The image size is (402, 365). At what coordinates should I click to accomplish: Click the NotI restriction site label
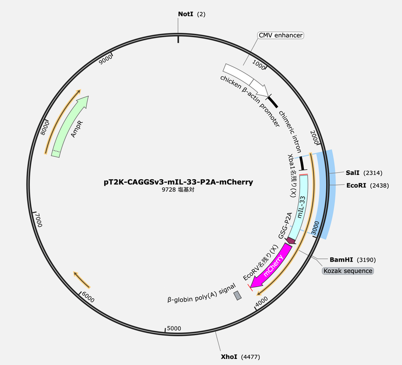(x=192, y=14)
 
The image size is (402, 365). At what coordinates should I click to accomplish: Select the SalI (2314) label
(x=364, y=173)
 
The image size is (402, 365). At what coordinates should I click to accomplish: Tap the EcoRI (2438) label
(x=367, y=185)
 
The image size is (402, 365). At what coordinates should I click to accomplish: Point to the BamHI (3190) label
(x=353, y=260)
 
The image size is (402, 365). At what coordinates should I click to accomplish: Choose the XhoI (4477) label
(x=240, y=356)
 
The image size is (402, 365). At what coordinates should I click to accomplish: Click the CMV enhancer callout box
(x=281, y=35)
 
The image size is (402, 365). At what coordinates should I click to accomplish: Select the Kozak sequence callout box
(x=347, y=271)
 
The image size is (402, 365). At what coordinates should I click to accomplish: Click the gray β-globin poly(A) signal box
(x=238, y=295)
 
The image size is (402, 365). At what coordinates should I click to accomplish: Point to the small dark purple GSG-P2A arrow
(x=291, y=240)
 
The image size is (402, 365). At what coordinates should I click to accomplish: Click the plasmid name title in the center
(x=178, y=182)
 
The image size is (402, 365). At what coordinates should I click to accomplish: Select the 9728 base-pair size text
(x=178, y=190)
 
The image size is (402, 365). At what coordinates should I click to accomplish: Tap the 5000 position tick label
(x=174, y=328)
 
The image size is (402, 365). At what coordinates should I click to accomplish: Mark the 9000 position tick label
(x=106, y=59)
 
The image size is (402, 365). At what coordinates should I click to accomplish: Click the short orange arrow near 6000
(x=82, y=279)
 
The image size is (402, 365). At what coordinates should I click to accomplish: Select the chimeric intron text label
(x=290, y=131)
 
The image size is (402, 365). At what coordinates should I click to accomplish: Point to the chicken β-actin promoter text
(x=250, y=101)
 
